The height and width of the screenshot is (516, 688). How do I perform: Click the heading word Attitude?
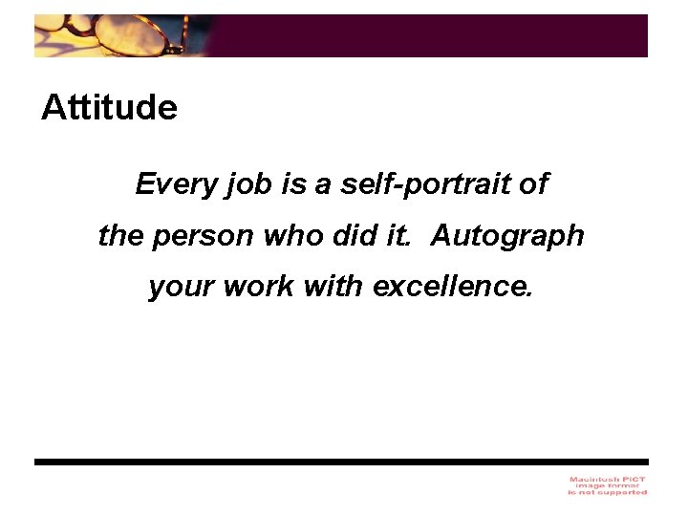[x=109, y=108]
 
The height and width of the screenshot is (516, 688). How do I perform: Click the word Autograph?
[x=507, y=236]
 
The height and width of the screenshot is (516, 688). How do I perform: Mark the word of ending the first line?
[x=535, y=183]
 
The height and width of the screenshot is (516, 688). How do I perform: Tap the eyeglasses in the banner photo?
[x=124, y=35]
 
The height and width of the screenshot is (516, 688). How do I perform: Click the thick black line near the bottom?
[x=340, y=462]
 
